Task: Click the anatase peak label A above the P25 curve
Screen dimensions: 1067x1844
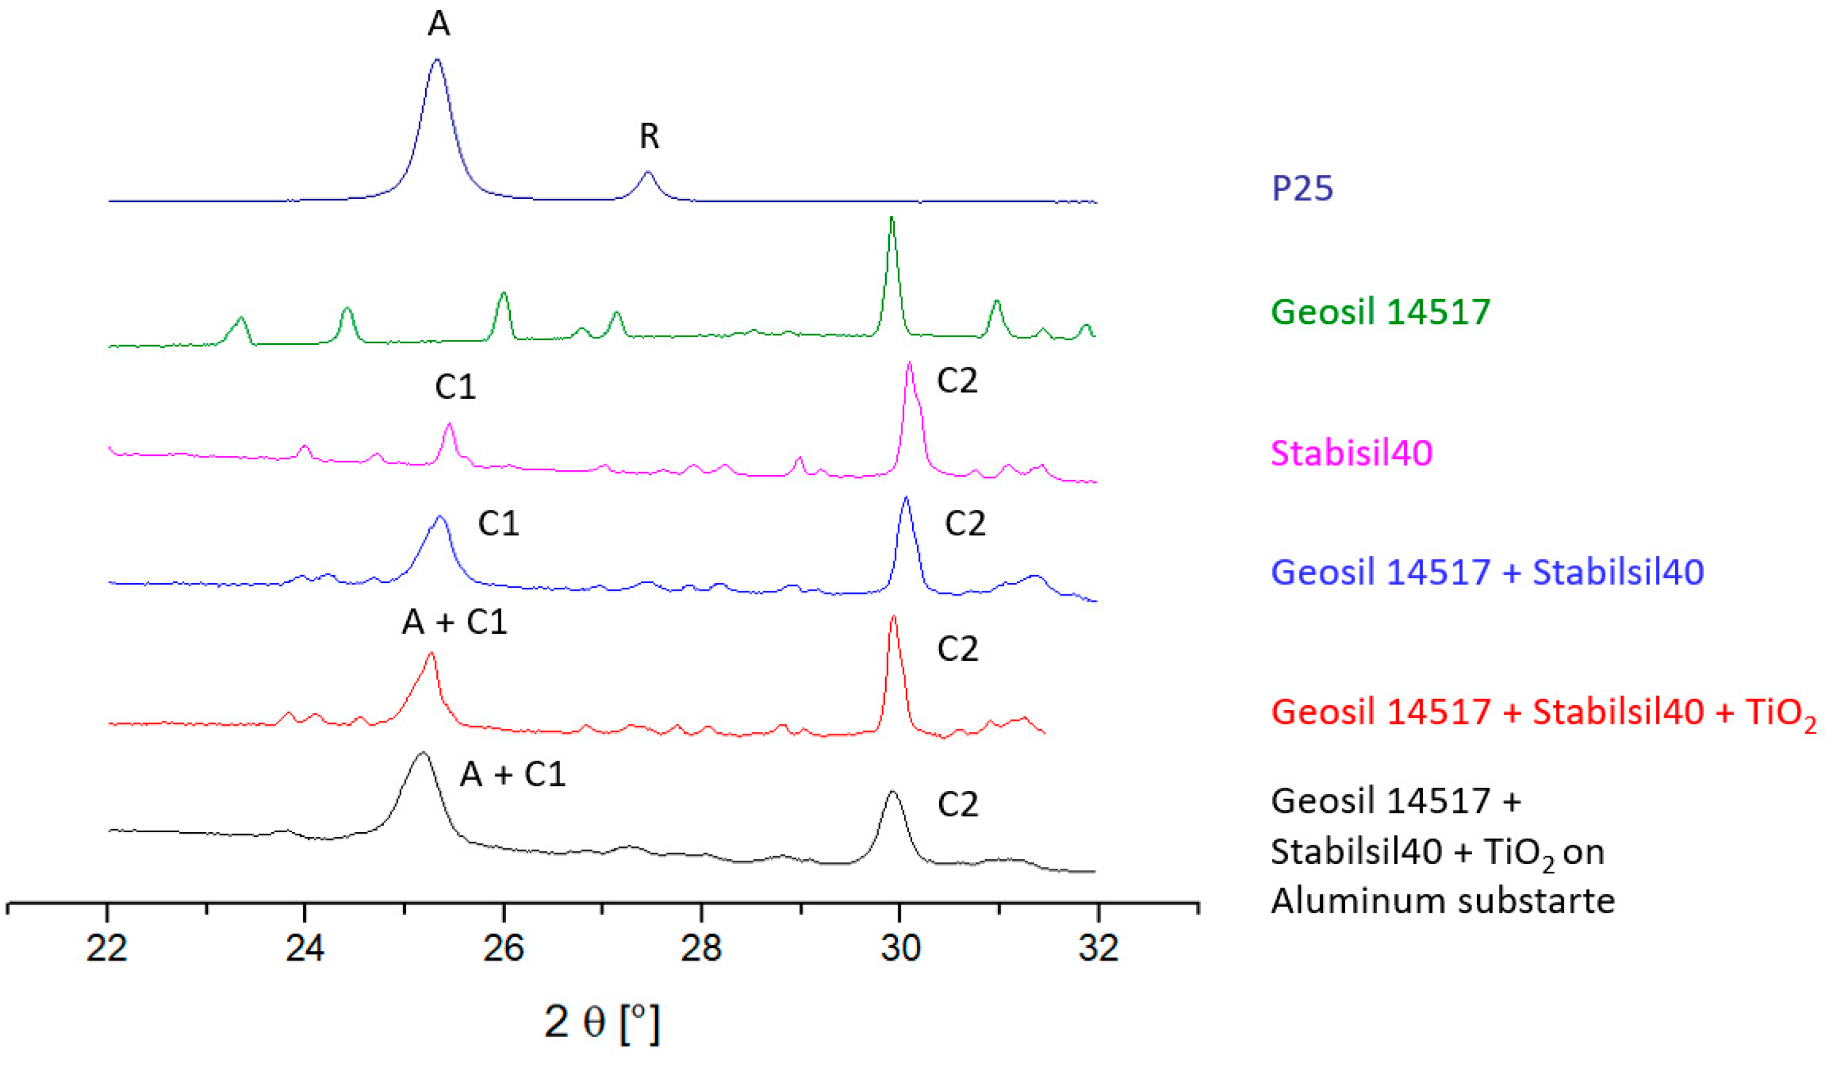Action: coord(438,24)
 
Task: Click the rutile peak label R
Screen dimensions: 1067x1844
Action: coord(649,136)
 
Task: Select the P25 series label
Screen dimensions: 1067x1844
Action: coord(1302,188)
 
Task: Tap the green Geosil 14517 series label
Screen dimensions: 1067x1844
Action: coord(1380,312)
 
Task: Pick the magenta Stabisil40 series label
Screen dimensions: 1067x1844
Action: coord(1351,453)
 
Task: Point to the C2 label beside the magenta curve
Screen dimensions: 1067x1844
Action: coord(957,381)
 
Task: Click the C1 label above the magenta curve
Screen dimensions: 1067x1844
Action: coord(455,387)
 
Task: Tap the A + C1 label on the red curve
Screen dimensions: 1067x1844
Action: coord(455,622)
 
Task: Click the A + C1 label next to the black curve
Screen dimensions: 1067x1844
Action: coord(512,774)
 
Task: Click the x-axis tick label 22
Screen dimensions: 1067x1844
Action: coord(107,948)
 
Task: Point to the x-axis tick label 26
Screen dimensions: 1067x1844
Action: coord(504,948)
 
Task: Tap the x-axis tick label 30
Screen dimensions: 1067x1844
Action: coord(900,948)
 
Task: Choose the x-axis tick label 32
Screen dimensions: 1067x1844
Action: coord(1098,948)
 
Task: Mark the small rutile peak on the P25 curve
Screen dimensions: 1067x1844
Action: coord(647,174)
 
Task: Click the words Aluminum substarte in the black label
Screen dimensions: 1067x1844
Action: coord(1442,900)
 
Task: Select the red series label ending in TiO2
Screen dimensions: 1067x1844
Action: coord(1543,712)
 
